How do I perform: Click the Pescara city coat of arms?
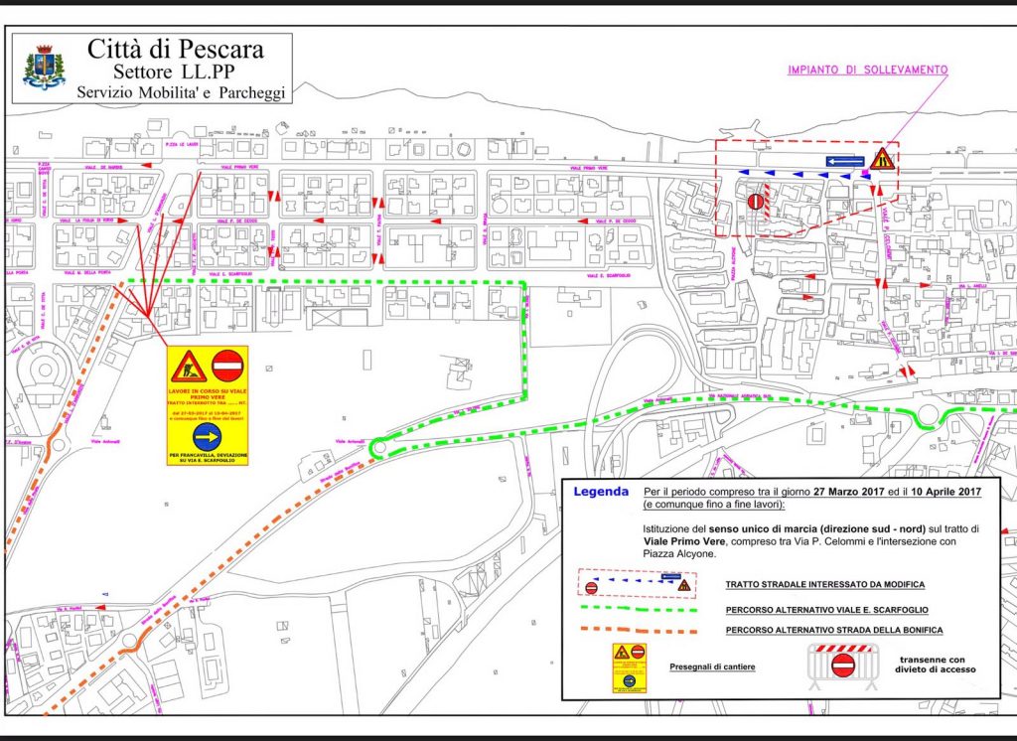click(x=46, y=68)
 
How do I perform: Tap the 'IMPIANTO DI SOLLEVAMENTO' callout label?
click(x=867, y=71)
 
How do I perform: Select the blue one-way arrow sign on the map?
click(x=844, y=160)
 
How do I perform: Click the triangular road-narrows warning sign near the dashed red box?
click(x=882, y=158)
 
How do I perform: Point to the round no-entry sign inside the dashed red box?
click(x=757, y=202)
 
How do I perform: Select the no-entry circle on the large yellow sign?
click(x=228, y=366)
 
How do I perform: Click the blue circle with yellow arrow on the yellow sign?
click(x=208, y=436)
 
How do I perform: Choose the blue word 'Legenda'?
click(x=601, y=492)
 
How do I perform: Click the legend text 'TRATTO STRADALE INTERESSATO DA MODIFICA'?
click(x=825, y=585)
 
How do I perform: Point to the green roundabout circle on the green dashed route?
click(x=378, y=448)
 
